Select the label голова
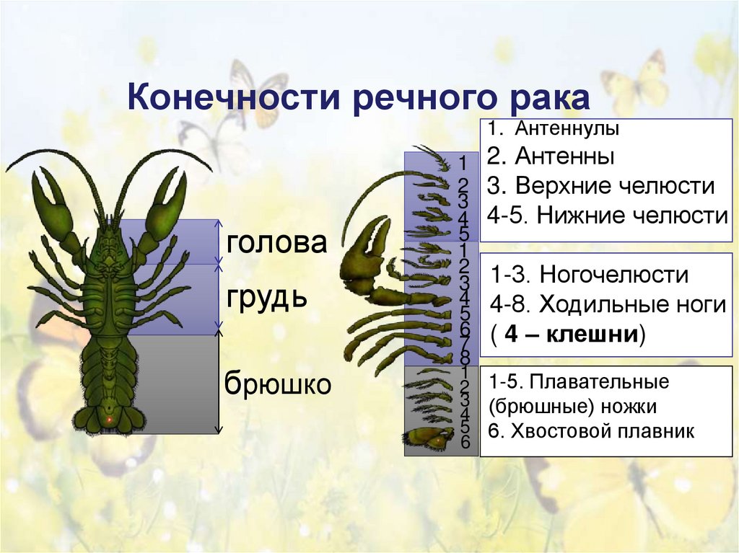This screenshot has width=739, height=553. point(276,242)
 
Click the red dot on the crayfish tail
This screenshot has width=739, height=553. point(109,419)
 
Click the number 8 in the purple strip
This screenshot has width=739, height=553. point(465,358)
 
